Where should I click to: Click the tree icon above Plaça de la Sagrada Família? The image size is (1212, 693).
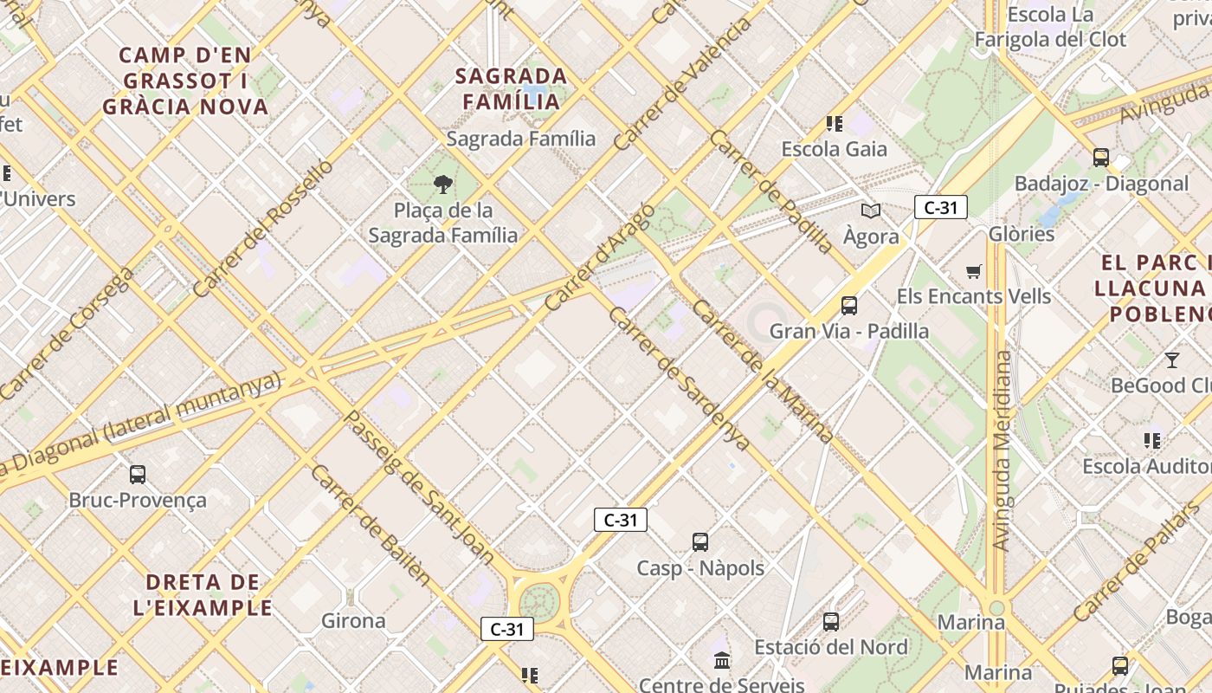442,184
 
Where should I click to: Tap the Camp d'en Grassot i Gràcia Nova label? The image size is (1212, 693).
185,81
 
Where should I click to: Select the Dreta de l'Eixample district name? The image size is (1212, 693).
203,594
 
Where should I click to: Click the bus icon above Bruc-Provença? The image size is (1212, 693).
138,474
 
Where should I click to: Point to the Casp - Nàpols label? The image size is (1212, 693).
700,568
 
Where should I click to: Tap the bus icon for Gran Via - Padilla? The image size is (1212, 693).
849,305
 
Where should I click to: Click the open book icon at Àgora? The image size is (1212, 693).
870,210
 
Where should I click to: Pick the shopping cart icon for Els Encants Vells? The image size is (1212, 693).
974,272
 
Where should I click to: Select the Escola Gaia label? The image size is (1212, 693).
834,149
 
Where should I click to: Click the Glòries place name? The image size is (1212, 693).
1022,234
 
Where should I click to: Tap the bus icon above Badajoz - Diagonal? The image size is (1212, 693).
1101,158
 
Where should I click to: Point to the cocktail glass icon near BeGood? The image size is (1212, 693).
1172,359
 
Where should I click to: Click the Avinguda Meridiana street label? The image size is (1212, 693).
1002,450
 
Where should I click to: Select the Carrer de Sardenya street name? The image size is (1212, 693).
679,378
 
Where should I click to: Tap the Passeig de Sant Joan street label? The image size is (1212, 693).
419,487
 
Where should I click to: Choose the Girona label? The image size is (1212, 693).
353,620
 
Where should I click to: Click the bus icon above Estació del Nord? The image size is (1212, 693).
831,621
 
